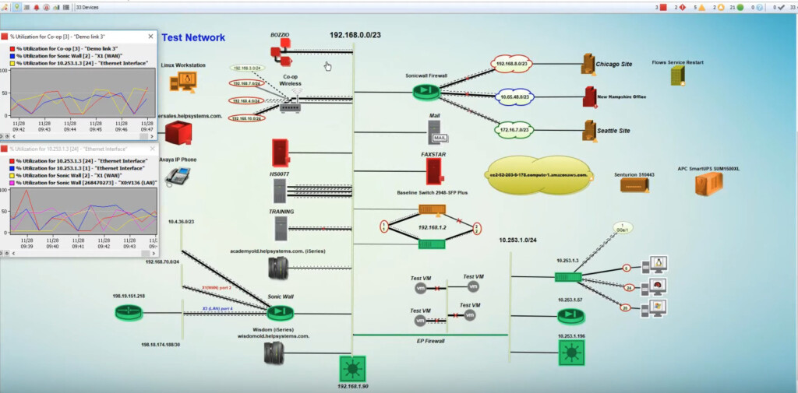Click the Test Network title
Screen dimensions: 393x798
coord(193,37)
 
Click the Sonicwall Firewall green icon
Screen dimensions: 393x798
coord(426,92)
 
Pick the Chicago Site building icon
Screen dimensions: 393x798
coord(589,64)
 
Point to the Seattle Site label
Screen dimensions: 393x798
coord(613,131)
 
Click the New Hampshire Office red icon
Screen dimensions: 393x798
coord(590,97)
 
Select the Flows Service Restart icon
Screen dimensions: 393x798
coord(677,75)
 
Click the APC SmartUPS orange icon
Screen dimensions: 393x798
coord(708,184)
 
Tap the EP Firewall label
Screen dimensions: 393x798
coord(429,341)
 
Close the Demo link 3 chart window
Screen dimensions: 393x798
coord(154,37)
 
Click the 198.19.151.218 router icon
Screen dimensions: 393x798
coord(127,312)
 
